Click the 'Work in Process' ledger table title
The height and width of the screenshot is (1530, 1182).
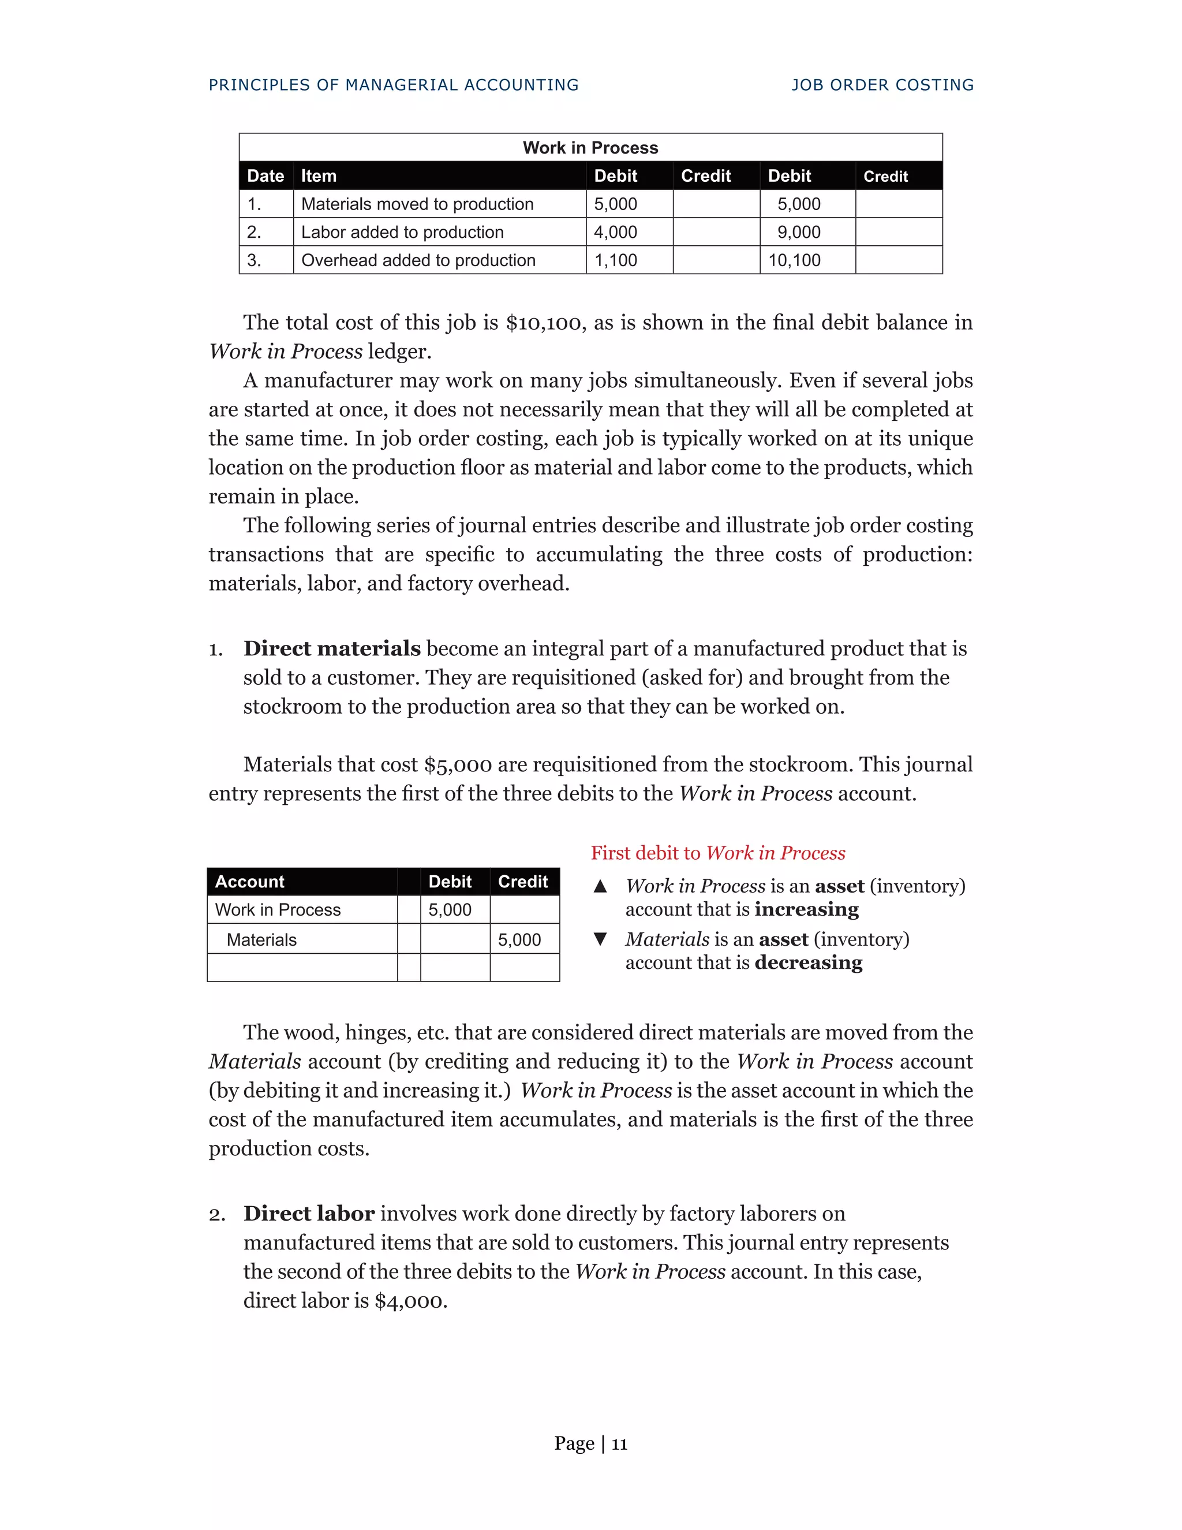pyautogui.click(x=590, y=148)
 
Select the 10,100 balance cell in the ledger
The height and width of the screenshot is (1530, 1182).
pyautogui.click(x=794, y=260)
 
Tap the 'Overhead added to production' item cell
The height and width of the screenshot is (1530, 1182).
pyautogui.click(x=418, y=260)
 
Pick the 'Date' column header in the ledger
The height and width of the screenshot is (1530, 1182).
pyautogui.click(x=265, y=176)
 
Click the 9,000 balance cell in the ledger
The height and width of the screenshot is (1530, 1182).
pyautogui.click(x=798, y=233)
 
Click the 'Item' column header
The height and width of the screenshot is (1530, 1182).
pyautogui.click(x=319, y=176)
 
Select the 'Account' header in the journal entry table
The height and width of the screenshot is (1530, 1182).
pyautogui.click(x=250, y=882)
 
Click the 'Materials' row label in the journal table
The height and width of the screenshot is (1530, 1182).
pyautogui.click(x=261, y=940)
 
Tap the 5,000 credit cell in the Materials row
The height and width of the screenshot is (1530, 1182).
pyautogui.click(x=519, y=940)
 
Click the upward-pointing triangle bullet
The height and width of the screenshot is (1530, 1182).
pyautogui.click(x=600, y=887)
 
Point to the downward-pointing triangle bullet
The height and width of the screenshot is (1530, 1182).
pyautogui.click(x=600, y=939)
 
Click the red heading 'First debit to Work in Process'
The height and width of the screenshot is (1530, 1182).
pyautogui.click(x=718, y=853)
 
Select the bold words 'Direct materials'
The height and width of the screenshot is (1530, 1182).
pyautogui.click(x=332, y=649)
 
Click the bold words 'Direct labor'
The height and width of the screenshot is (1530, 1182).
pyautogui.click(x=309, y=1214)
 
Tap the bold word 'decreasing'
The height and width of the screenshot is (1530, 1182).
pyautogui.click(x=808, y=963)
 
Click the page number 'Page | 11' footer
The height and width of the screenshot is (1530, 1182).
pyautogui.click(x=590, y=1444)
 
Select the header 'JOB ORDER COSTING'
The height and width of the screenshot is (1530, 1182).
pyautogui.click(x=882, y=85)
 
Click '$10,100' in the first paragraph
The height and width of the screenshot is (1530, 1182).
pyautogui.click(x=543, y=323)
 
